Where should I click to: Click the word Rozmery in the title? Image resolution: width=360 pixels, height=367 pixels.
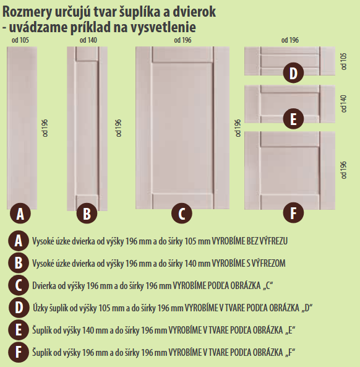[27, 12]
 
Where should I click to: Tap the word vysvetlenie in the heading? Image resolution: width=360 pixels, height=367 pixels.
[163, 27]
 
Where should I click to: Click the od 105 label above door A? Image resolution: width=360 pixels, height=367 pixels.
[20, 40]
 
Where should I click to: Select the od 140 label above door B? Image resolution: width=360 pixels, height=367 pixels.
[88, 40]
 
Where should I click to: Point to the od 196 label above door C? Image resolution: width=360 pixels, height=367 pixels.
[182, 40]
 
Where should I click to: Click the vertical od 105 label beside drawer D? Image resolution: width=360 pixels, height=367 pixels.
[343, 61]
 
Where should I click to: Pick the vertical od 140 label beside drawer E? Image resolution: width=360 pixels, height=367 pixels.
[343, 103]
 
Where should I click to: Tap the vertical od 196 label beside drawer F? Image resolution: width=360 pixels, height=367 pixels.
[343, 170]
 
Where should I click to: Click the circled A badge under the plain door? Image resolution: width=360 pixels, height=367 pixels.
[20, 214]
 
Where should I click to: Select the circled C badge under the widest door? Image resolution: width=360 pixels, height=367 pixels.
[182, 214]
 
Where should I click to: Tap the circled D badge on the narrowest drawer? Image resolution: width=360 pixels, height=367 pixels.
[293, 73]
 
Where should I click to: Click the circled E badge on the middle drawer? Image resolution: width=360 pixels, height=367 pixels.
[293, 119]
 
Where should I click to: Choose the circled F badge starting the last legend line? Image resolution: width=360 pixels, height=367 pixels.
[19, 352]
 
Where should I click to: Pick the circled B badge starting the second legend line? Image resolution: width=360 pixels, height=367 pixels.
[19, 263]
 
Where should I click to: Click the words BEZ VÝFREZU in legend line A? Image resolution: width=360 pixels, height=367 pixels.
[267, 241]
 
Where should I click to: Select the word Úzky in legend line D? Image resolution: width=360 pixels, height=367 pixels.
[40, 308]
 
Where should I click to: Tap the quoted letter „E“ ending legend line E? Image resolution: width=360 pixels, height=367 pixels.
[290, 330]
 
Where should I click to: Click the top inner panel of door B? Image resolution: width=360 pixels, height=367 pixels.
[87, 54]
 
